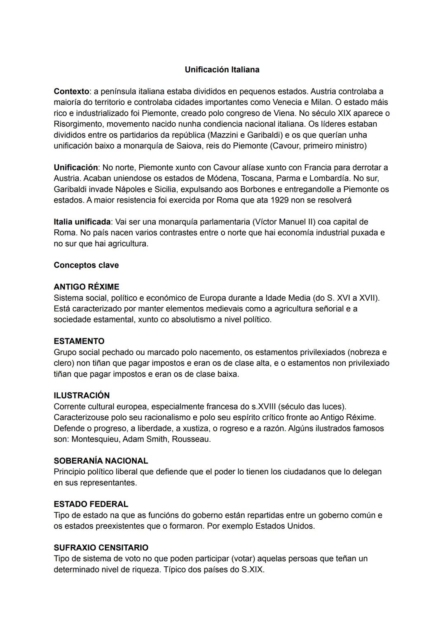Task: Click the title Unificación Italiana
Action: click(222, 70)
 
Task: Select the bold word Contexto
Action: click(71, 91)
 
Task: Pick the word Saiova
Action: click(189, 146)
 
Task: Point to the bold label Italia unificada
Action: click(82, 222)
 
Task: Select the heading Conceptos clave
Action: click(86, 265)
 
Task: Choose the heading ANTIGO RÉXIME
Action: click(87, 287)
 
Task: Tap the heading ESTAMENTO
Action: click(79, 341)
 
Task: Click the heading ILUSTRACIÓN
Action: click(82, 396)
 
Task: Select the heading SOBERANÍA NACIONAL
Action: click(101, 461)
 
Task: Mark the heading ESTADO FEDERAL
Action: click(91, 504)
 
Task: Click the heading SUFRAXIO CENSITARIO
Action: click(101, 548)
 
